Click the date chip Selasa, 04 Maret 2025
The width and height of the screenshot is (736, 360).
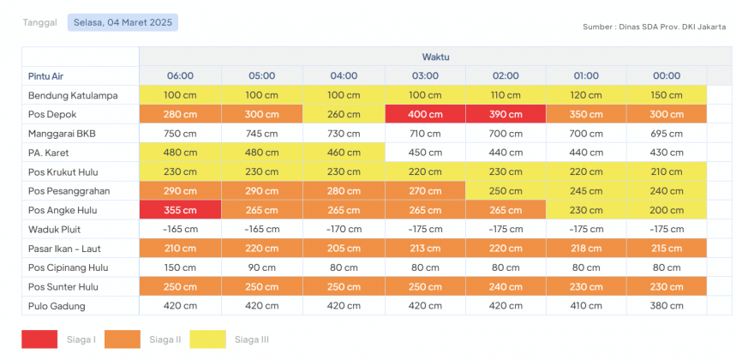123,22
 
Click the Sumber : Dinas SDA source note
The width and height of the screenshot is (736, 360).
654,27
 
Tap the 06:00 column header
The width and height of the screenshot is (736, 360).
180,75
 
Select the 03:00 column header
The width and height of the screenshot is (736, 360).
424,75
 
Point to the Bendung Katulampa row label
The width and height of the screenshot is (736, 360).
73,94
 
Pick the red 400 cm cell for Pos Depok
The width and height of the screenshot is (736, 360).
424,113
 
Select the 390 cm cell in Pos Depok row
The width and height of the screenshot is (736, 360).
506,113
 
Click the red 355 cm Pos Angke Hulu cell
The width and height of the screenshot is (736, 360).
180,210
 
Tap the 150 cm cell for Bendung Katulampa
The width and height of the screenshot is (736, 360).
667,94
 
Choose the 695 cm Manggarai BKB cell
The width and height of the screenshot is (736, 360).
667,133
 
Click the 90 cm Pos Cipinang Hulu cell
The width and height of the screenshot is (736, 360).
261,267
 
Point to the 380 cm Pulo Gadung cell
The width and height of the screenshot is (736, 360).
667,306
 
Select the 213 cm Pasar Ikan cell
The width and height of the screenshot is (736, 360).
424,249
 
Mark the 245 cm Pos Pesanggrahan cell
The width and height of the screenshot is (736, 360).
586,190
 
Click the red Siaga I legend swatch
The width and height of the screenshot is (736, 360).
39,339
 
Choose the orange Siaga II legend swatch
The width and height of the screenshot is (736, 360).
122,339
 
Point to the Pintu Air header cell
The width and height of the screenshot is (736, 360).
46,75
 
